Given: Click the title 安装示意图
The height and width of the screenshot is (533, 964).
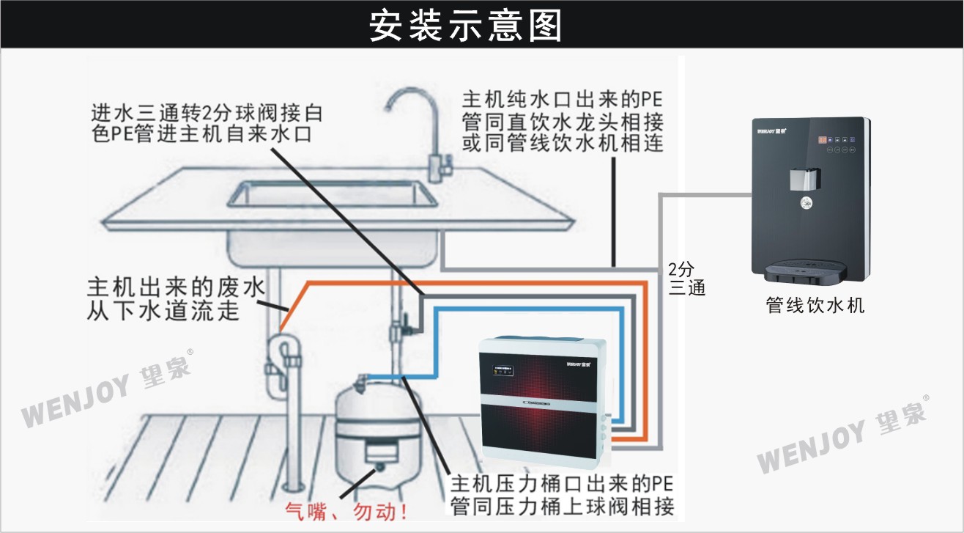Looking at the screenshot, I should click(x=466, y=25).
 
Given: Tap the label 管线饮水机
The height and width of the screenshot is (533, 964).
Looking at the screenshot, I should click(x=815, y=304).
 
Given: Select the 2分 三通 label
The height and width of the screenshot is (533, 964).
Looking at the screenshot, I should click(x=686, y=278).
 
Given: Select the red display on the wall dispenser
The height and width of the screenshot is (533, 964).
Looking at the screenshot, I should click(x=823, y=139).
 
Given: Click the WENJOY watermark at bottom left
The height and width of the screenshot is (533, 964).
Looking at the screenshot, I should click(x=107, y=389).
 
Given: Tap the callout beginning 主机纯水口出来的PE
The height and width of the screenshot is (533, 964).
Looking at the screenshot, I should click(x=563, y=121).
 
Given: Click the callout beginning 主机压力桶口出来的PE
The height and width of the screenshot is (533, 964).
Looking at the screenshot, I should click(x=561, y=495).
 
